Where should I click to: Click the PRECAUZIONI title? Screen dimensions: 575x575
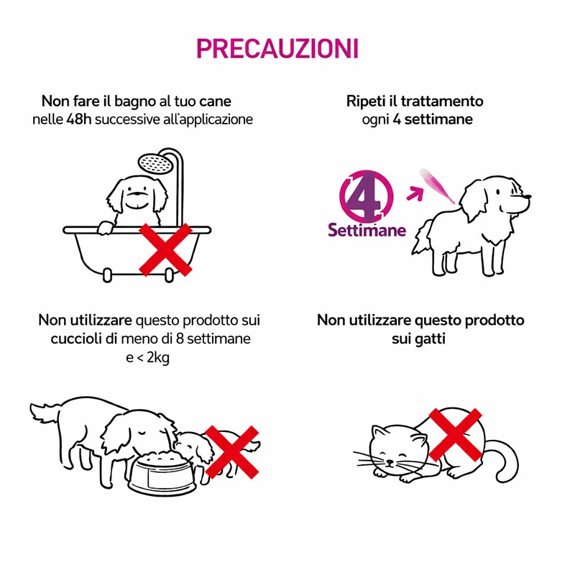(277, 48)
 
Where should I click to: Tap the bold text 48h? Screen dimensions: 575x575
(78, 119)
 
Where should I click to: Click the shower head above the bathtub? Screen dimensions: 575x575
(156, 164)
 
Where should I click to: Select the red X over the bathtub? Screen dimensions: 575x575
(166, 249)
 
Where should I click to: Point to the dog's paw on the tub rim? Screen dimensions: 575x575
(105, 228)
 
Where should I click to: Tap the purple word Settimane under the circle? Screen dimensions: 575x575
(367, 230)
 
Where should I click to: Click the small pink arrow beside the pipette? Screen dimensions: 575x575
(415, 193)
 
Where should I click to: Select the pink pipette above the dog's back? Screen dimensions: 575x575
(436, 185)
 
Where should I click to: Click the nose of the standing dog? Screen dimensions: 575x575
(527, 196)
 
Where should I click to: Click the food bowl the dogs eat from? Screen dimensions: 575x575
(162, 472)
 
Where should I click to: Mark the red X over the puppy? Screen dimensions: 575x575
(232, 452)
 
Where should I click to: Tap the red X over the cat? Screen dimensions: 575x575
(455, 435)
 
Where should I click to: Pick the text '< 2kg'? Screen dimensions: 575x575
(153, 357)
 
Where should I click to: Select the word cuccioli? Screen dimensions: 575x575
(76, 339)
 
